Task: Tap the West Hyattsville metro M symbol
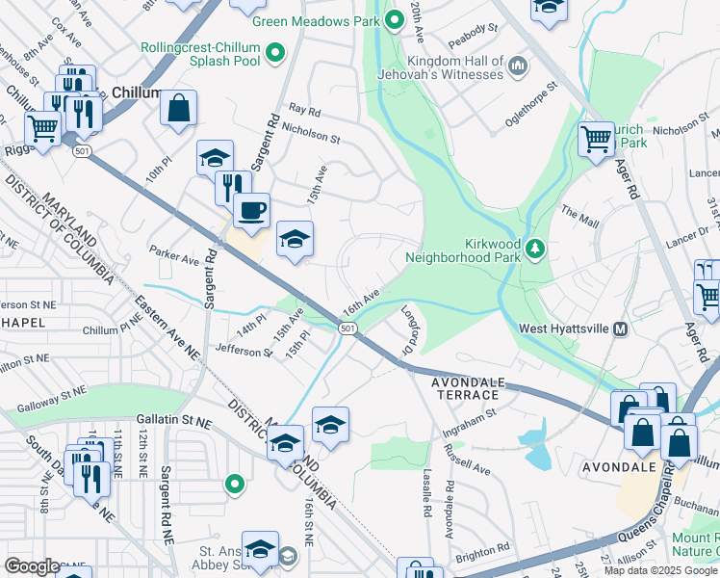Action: [620, 328]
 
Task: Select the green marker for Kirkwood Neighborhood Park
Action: [535, 250]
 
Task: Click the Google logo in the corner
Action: [33, 565]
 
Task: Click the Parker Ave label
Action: [174, 255]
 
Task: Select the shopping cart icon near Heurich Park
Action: [596, 139]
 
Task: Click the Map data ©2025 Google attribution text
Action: [659, 570]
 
